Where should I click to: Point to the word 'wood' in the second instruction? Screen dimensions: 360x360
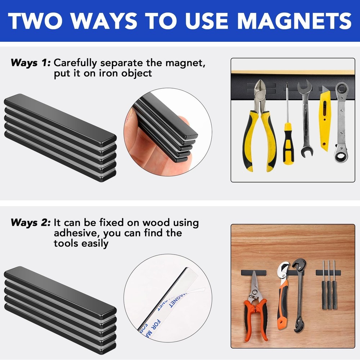156,222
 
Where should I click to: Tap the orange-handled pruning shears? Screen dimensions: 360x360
255,310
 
